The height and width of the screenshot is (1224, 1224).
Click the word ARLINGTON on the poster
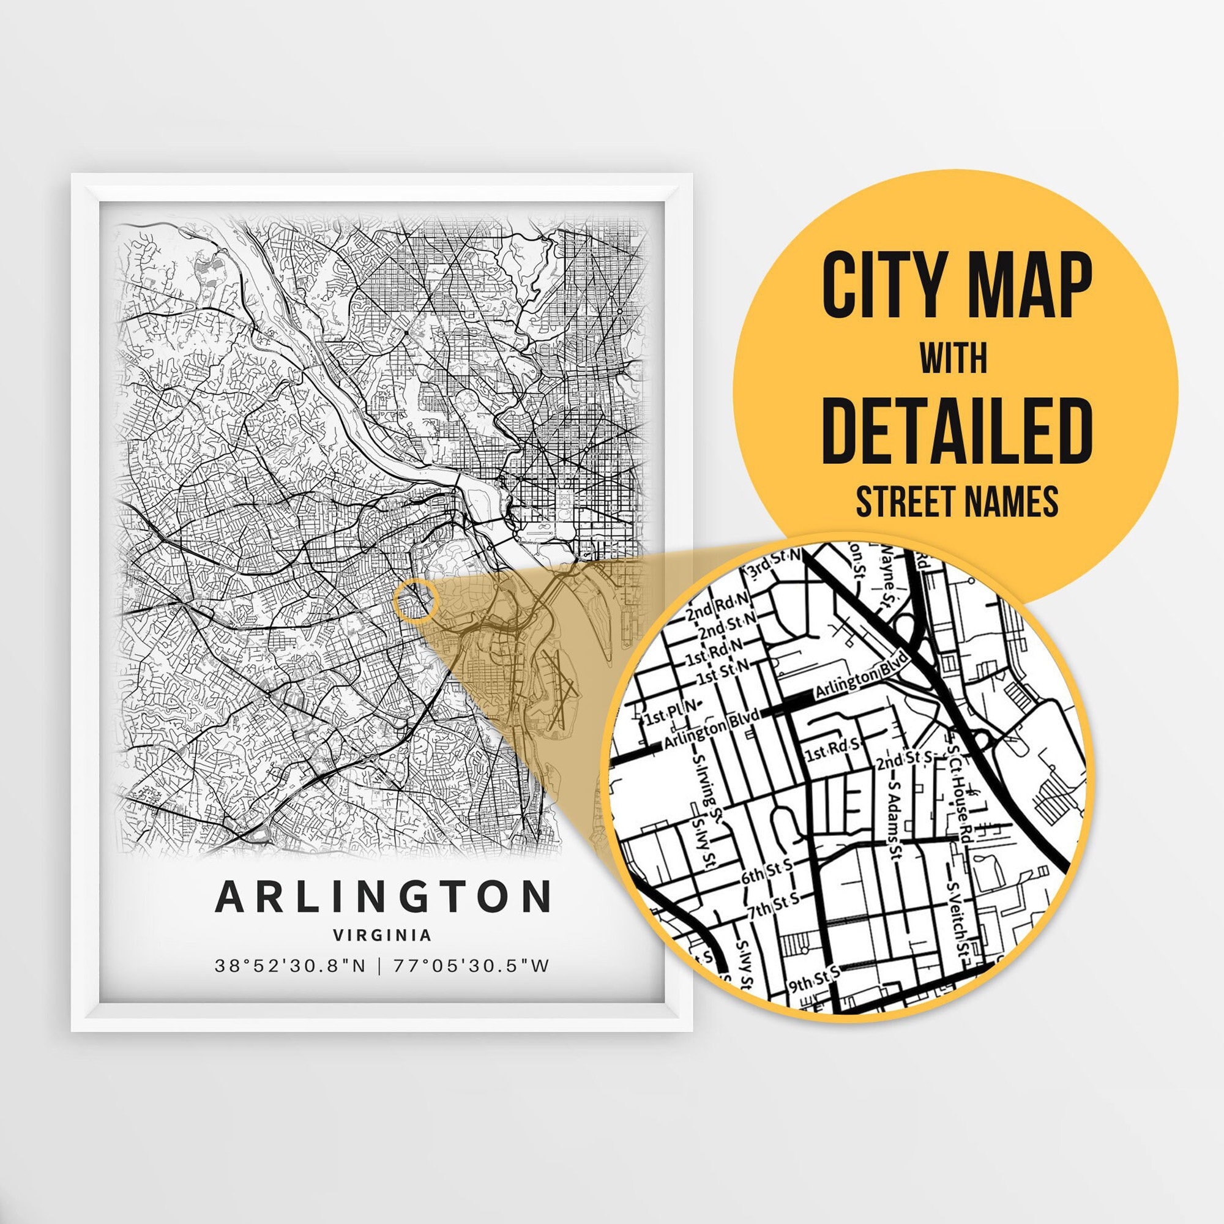(382, 897)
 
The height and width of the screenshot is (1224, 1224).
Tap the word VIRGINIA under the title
(382, 935)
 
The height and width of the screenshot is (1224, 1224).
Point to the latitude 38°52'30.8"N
(290, 966)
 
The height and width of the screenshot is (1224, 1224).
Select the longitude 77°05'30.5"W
(471, 966)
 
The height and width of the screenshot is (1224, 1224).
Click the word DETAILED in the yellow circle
(957, 430)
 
